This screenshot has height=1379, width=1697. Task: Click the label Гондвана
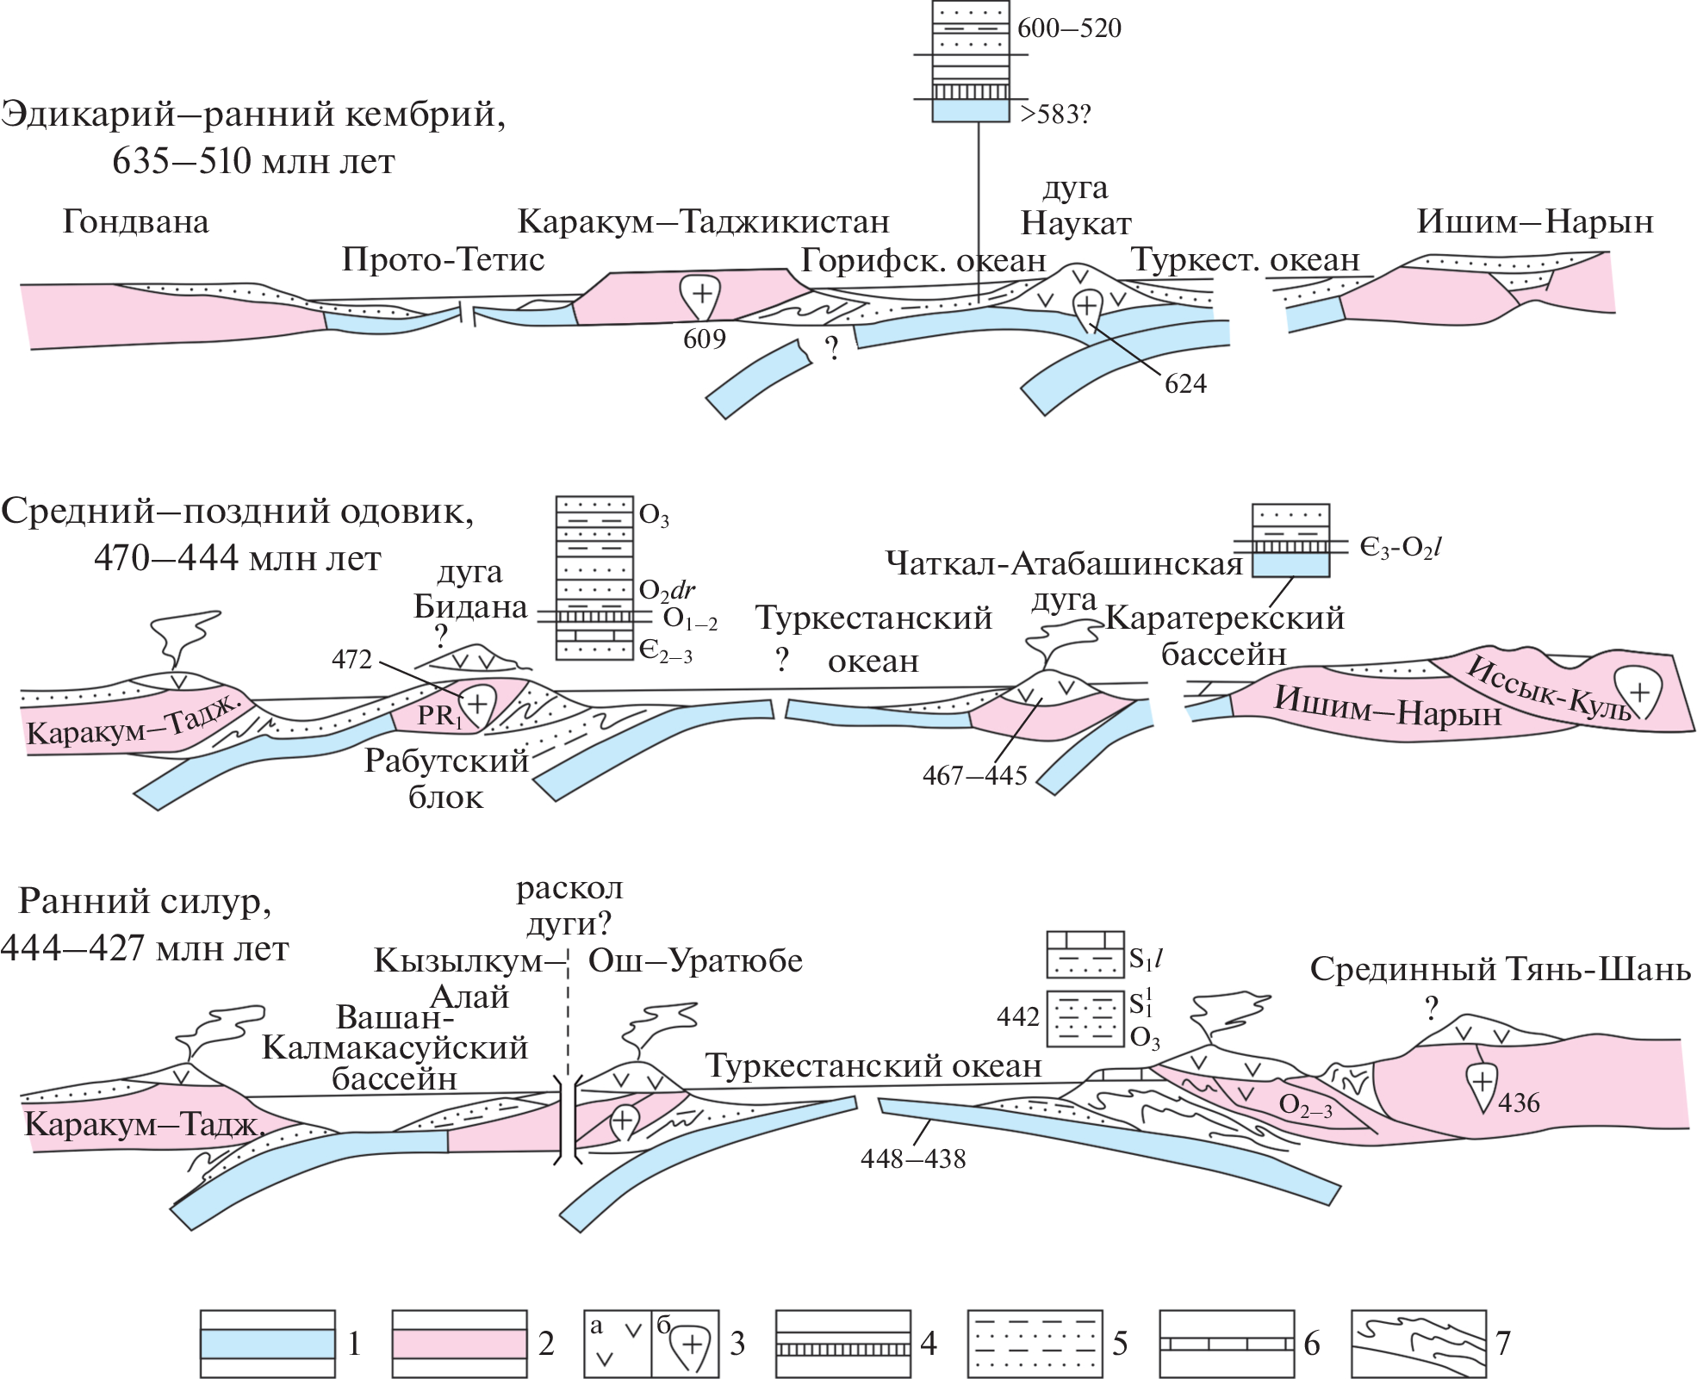pos(135,222)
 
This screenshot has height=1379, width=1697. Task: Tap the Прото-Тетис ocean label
pos(443,259)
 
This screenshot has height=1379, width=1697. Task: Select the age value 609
pos(704,339)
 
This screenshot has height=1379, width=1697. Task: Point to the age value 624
pos(1185,383)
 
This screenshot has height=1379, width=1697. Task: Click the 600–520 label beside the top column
pos(1069,28)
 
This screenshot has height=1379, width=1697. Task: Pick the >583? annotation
pos(1054,114)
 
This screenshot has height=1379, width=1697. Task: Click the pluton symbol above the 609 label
pos(700,295)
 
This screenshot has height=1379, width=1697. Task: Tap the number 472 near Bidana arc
pos(351,660)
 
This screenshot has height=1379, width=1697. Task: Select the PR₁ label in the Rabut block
pos(438,716)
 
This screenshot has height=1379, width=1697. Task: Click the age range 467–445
pos(974,776)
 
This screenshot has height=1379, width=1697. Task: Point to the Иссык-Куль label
pos(1548,688)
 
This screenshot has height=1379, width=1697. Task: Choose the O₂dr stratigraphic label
pos(667,591)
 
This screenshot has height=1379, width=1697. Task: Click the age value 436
pos(1519,1103)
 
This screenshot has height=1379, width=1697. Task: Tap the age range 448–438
pos(912,1159)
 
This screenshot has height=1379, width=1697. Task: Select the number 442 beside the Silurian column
pos(1017,1017)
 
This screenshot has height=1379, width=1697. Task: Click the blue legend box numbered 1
pos(267,1344)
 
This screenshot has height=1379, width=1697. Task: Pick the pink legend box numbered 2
pos(459,1344)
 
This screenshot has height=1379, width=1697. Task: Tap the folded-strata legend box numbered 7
pos(1418,1344)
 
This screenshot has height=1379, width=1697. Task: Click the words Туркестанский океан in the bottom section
pos(873,1066)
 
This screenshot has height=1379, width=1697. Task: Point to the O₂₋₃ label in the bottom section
pos(1305,1106)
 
